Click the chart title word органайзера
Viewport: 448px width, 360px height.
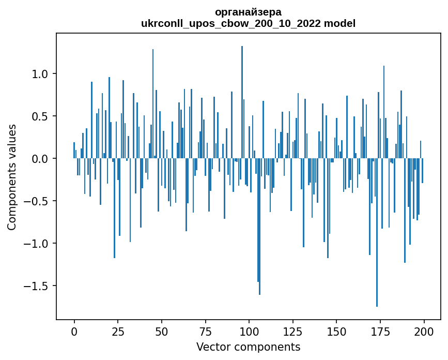pos(248,12)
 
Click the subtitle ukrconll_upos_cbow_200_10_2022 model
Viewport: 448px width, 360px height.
pos(248,23)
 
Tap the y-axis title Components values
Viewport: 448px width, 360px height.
pos(12,177)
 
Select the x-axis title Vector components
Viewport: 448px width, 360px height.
pos(248,347)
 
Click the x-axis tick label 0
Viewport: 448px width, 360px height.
pos(74,331)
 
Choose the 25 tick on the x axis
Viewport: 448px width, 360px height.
pos(118,331)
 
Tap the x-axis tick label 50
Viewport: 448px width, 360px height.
pos(162,331)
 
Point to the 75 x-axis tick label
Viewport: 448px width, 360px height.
pos(205,331)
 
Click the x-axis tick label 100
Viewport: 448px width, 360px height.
pos(249,331)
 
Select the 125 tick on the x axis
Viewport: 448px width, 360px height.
pos(293,331)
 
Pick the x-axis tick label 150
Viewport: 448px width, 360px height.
pos(336,331)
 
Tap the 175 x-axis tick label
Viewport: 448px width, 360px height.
pos(380,331)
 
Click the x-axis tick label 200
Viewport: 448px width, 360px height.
pos(424,331)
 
